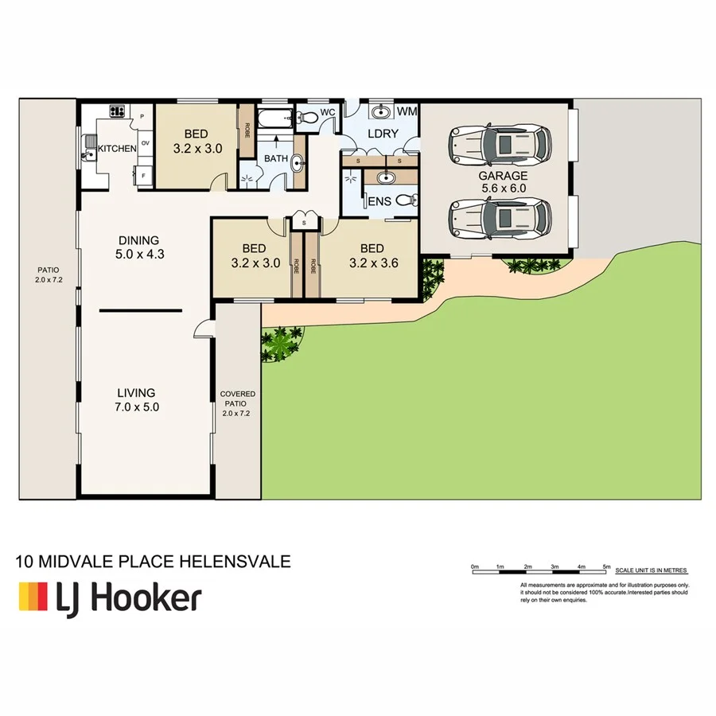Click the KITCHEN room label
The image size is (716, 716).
[117, 149]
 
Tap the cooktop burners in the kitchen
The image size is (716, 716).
[118, 112]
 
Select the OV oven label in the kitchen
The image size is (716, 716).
[145, 143]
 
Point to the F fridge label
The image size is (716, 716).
[144, 173]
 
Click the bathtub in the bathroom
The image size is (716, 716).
[276, 121]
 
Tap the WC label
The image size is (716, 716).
[327, 114]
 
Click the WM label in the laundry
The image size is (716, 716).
[407, 111]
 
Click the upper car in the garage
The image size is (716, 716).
[500, 143]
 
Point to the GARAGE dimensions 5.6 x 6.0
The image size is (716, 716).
[503, 189]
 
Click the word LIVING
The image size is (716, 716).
[136, 392]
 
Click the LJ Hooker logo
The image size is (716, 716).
[110, 597]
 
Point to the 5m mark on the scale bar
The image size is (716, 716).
[607, 566]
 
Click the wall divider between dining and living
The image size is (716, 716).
[141, 310]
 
